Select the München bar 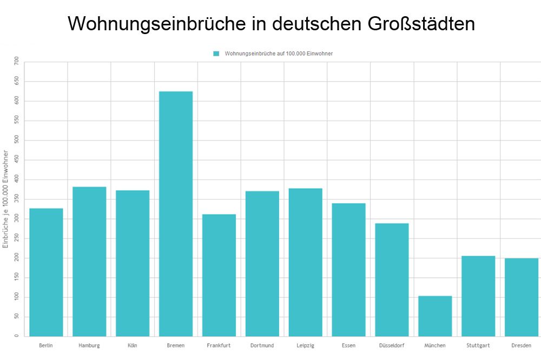435,316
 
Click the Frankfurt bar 219,275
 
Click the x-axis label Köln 133,345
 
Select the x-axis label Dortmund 262,345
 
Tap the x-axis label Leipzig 305,345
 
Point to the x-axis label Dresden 522,345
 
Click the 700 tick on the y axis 17,62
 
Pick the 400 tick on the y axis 17,179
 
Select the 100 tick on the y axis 17,297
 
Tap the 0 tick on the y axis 17,336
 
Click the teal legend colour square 216,54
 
